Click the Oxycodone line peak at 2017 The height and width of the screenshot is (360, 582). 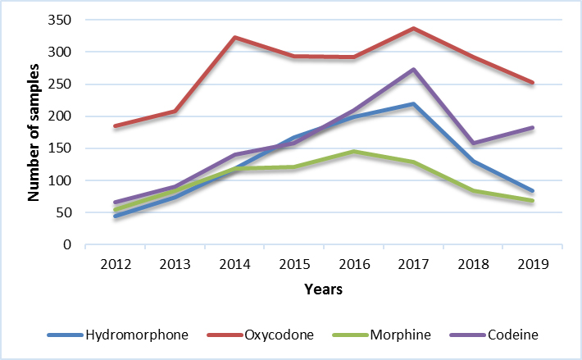(413, 29)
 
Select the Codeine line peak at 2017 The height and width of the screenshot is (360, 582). (413, 70)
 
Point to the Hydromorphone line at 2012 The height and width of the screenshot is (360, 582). (115, 216)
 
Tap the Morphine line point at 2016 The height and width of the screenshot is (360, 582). (353, 152)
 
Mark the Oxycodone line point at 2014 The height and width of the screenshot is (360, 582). (234, 38)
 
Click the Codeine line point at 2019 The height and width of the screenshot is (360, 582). (532, 128)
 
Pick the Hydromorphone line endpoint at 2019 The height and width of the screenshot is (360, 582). (532, 191)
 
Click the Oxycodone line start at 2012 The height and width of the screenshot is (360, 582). (115, 126)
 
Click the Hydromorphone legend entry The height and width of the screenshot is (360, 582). (119, 335)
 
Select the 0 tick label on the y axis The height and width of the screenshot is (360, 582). (69, 245)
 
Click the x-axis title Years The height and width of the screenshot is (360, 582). (323, 289)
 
